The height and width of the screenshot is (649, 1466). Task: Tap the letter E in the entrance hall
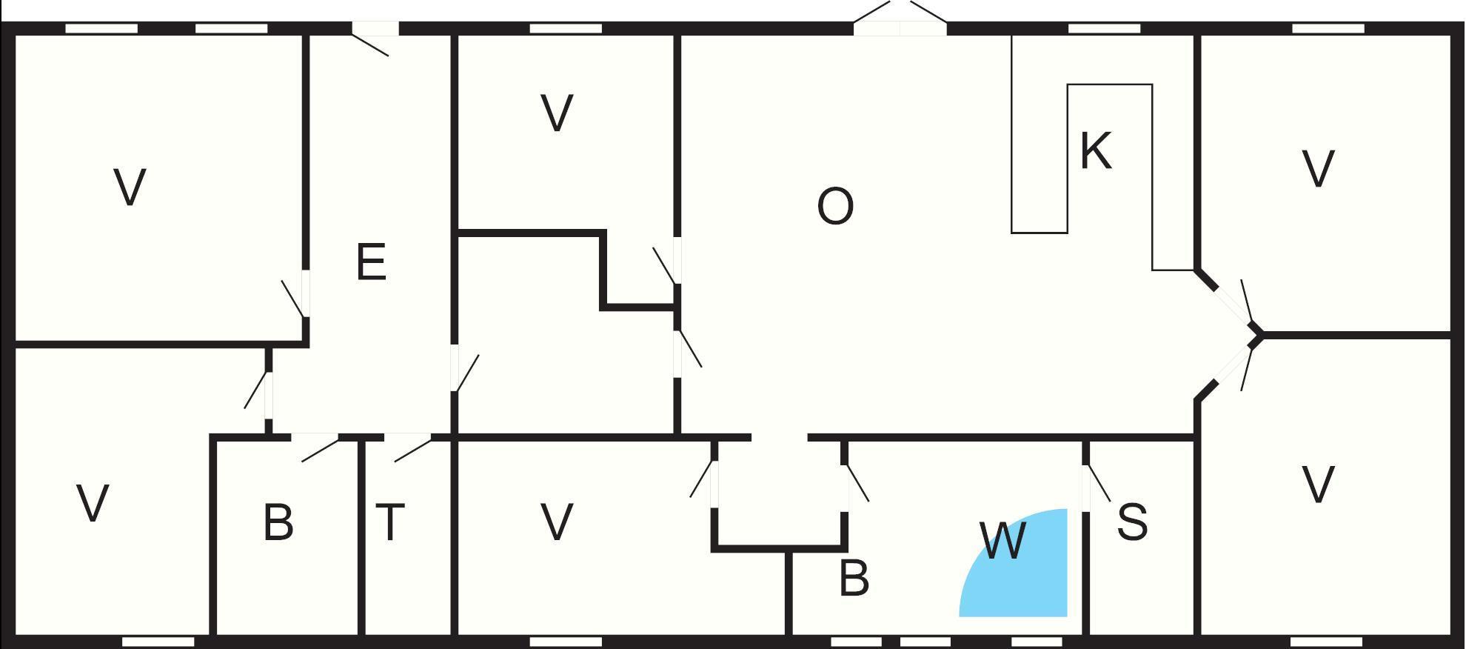coord(371,262)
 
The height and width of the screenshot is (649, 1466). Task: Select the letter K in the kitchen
coord(1096,150)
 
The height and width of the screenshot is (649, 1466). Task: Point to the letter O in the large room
coord(835,206)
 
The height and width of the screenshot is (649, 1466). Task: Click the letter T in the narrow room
coord(390,522)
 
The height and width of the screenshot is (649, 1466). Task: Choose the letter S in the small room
coord(1132,522)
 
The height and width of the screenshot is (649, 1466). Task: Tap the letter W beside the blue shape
coord(1003,540)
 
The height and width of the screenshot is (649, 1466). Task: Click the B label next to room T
coord(278,522)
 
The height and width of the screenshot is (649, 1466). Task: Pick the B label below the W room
coord(854,578)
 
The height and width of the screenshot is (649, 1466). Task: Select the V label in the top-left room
coord(130,187)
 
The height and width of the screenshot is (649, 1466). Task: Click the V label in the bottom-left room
coord(93,503)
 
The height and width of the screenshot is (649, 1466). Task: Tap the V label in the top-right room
coord(1318,168)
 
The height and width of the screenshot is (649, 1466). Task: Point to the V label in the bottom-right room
coord(1318,485)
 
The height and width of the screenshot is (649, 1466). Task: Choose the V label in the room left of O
coord(557,113)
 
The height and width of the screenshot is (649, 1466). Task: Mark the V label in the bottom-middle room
coord(557,522)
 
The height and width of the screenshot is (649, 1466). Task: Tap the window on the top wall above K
coord(1104,29)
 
